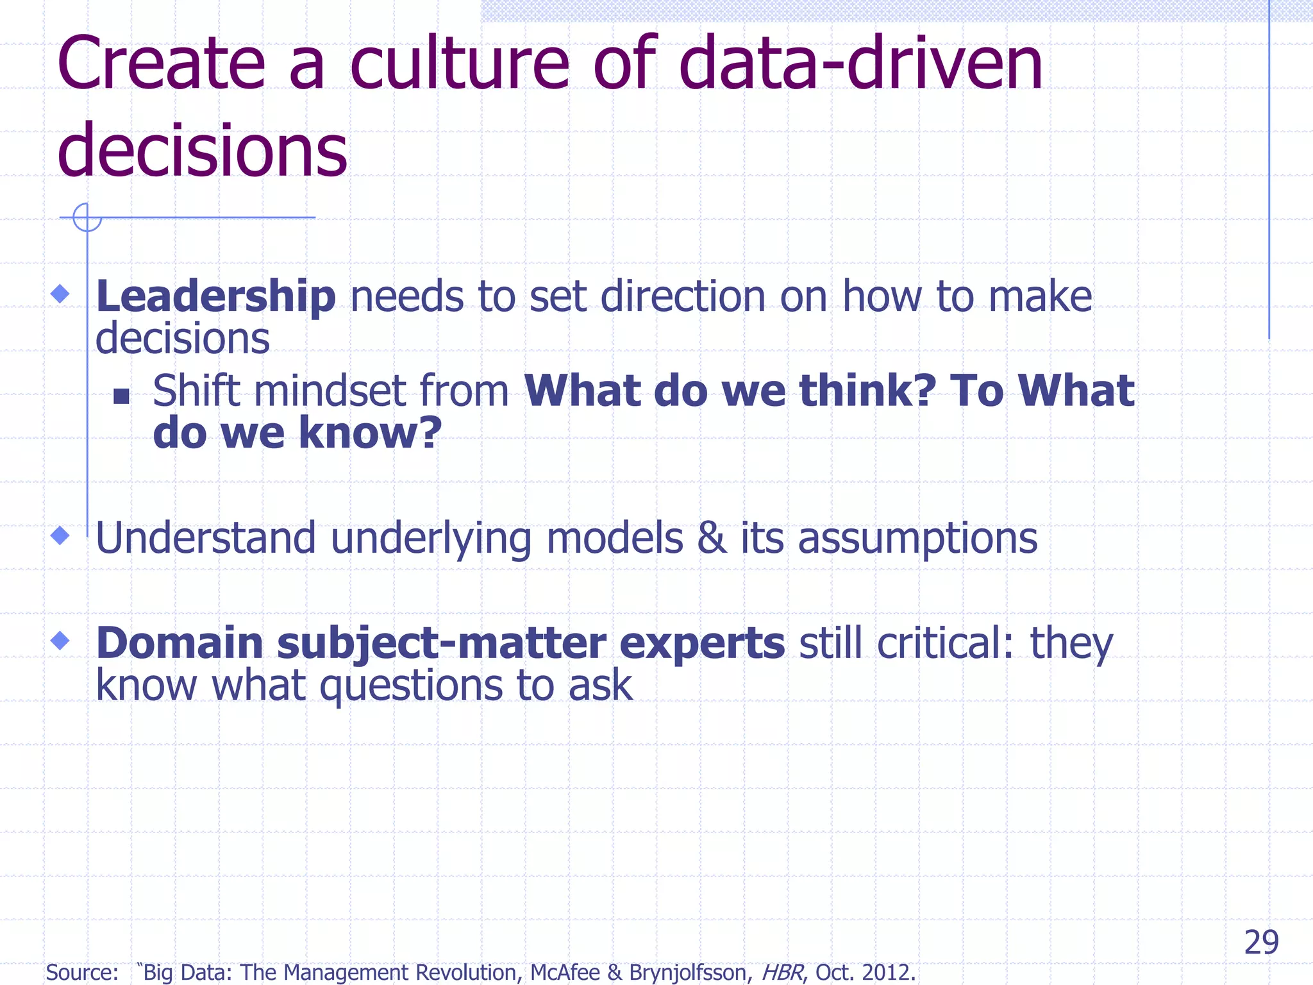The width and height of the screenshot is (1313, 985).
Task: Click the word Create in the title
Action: (x=160, y=64)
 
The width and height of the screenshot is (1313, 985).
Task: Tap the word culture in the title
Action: (x=459, y=64)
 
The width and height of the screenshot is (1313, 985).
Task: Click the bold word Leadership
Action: (x=215, y=297)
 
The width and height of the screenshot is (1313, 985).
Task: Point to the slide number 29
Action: (x=1261, y=943)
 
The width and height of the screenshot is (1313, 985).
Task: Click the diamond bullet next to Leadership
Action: (x=60, y=294)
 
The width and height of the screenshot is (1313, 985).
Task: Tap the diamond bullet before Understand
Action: (x=60, y=535)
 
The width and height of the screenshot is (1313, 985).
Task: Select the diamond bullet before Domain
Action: (x=60, y=640)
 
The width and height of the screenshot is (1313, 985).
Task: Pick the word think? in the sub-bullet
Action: (x=868, y=391)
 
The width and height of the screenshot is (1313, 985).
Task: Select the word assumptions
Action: (x=917, y=539)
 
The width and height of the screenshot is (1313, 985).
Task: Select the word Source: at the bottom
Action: (x=82, y=972)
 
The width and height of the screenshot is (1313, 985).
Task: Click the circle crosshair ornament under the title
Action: (x=87, y=217)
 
